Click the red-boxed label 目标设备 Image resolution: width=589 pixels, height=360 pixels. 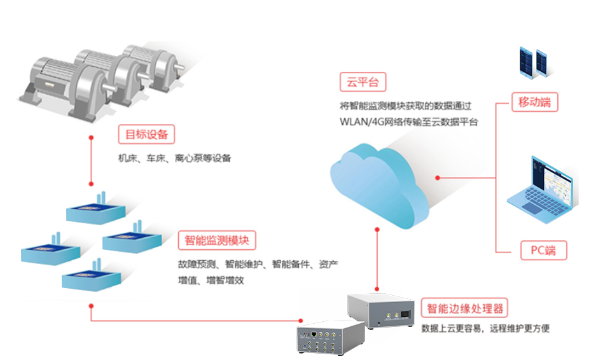coord(146,134)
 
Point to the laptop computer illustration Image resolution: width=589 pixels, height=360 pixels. coord(542,188)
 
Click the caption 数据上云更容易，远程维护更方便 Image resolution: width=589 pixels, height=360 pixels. coord(485,329)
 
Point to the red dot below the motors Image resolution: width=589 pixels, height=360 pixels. coord(92,137)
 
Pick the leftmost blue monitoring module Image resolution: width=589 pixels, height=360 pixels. coord(45,251)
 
